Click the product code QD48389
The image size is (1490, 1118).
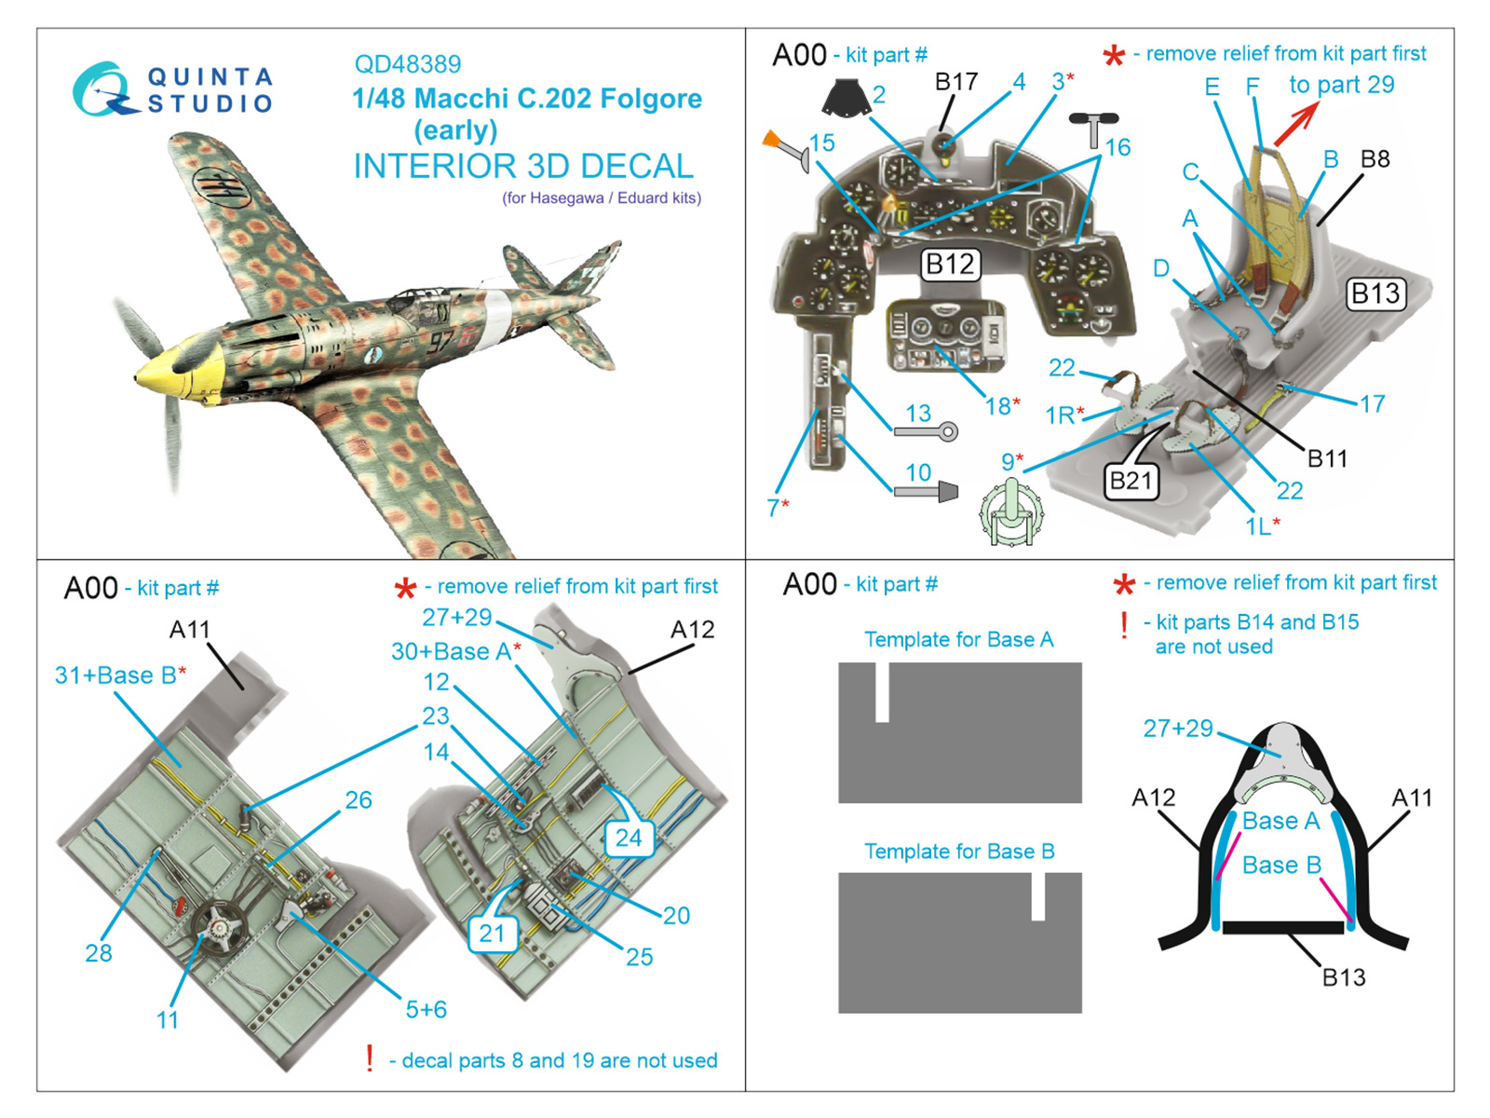[x=407, y=64]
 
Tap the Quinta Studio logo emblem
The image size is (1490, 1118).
[x=102, y=89]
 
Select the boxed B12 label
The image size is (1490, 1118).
[x=949, y=265]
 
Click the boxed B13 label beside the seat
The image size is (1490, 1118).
[x=1375, y=294]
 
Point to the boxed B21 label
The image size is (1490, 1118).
[x=1131, y=481]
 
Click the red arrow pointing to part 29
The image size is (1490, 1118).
[x=1295, y=124]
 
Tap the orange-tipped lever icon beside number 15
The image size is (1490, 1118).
[x=785, y=149]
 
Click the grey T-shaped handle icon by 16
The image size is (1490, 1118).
[x=1093, y=126]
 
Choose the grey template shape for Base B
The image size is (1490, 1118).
[x=960, y=944]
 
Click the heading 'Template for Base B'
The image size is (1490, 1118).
[x=959, y=852]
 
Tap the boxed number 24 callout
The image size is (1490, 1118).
[x=629, y=838]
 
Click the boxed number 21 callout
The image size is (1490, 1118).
[x=492, y=934]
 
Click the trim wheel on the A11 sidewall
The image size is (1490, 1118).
[x=220, y=928]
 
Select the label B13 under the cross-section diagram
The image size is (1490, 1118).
[x=1344, y=977]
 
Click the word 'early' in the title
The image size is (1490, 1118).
[x=455, y=130]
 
